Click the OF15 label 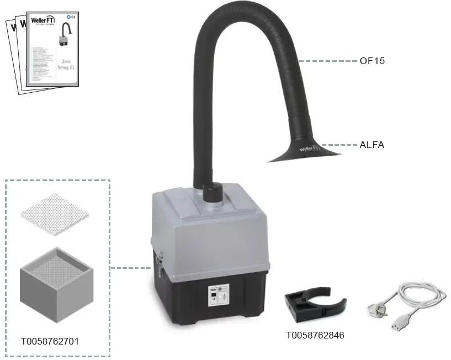pos(372,61)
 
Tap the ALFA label pos(372,145)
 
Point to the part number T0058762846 pos(315,335)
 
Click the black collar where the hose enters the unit pos(211,193)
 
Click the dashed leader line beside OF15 pos(328,61)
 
